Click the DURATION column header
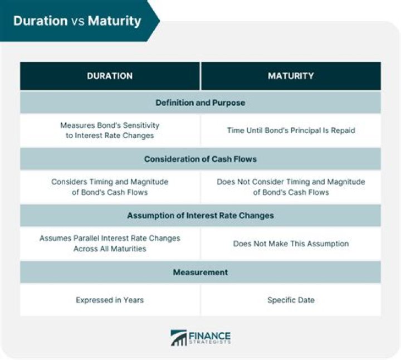110,76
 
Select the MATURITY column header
291,76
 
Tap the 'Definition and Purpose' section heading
200,103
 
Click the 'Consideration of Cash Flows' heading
200,159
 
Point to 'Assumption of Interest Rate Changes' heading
200,216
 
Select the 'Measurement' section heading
200,273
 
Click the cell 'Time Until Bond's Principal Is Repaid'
291,130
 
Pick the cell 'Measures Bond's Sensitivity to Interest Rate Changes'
110,130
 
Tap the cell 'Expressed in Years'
110,300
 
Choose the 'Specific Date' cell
291,300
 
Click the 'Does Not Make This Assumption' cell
291,244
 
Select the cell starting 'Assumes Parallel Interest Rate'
110,243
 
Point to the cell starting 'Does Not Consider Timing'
291,187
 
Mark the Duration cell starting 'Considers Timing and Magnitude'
110,187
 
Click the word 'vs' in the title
77,21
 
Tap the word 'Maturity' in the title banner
114,21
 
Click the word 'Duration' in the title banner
40,21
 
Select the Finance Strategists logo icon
178,338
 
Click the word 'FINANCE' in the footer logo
209,335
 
